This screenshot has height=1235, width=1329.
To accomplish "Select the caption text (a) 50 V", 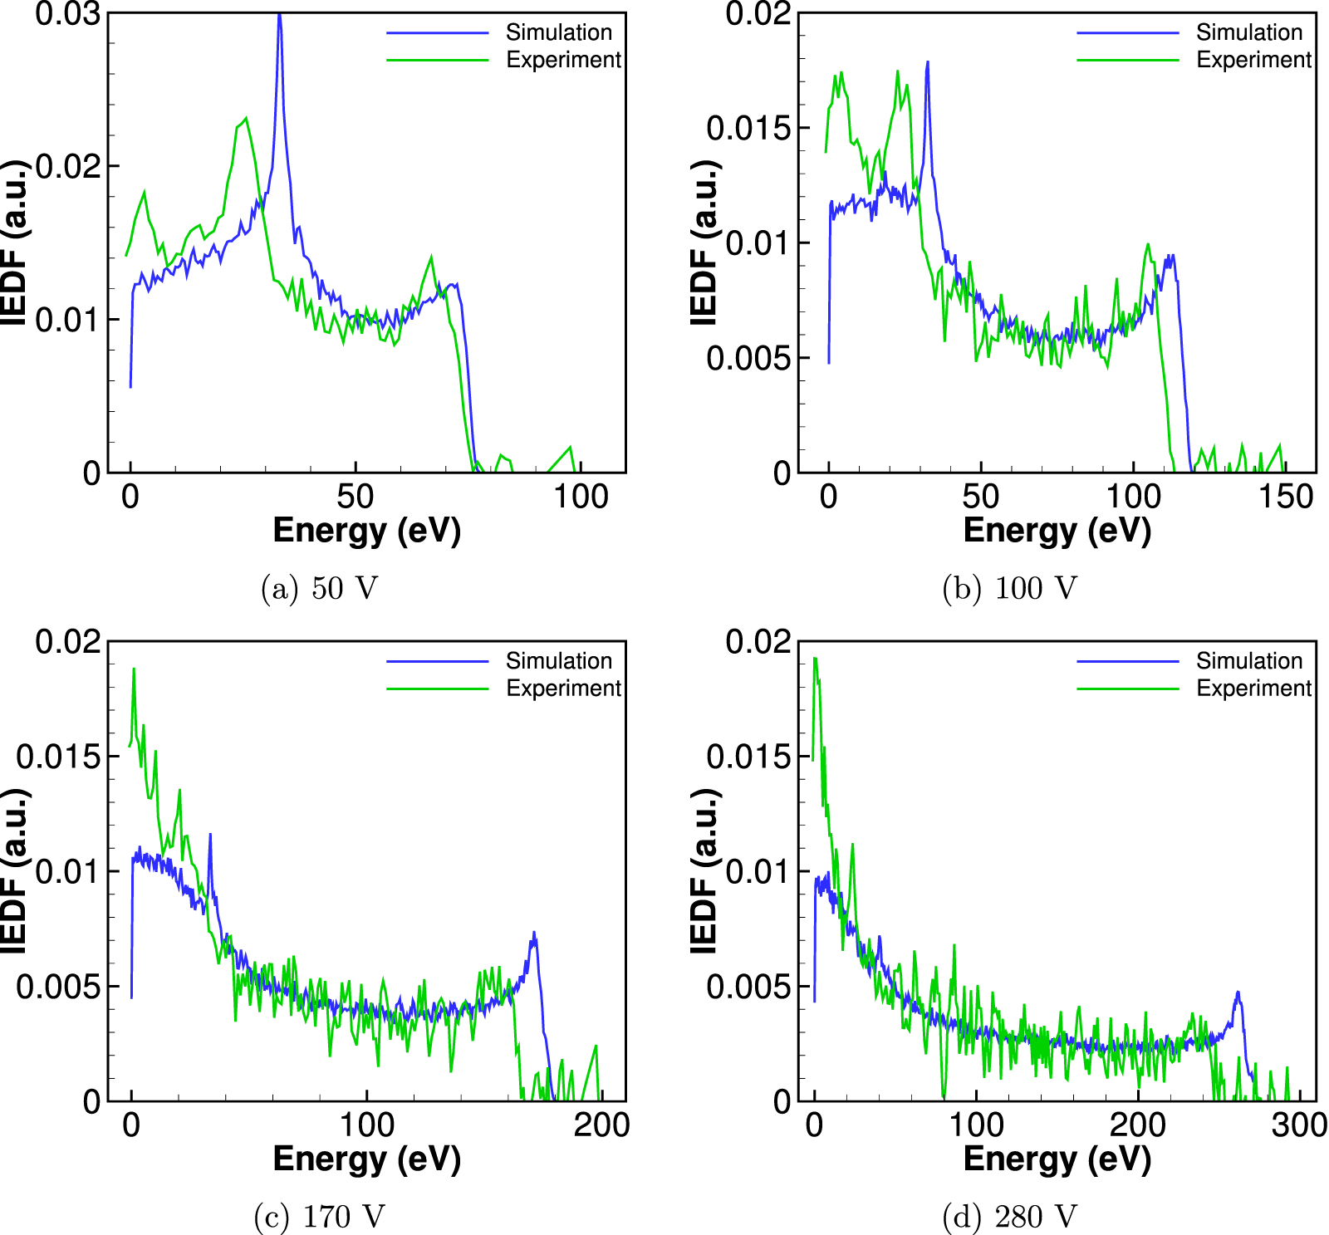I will point(320,588).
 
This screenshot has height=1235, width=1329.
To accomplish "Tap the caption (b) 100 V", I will point(1009,588).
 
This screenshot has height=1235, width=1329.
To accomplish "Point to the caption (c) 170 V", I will point(320,1217).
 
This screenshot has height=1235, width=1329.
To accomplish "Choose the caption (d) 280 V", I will point(1009,1217).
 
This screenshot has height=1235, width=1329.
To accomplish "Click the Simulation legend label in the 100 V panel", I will point(1249,32).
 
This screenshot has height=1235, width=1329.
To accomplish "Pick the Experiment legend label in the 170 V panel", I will point(563,689).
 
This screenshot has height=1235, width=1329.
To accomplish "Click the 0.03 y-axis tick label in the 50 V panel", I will point(68,14).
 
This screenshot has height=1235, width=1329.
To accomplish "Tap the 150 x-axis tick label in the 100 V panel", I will point(1285,497).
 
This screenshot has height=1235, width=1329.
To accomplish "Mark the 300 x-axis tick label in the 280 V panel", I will point(1299,1125).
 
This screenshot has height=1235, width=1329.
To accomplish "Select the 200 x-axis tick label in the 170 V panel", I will point(601,1125).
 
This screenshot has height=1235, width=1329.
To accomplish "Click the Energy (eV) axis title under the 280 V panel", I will point(1057,1159).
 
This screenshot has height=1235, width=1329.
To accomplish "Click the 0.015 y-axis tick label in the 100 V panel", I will point(747,128).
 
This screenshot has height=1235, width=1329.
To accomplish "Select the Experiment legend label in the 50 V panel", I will point(563,60).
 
